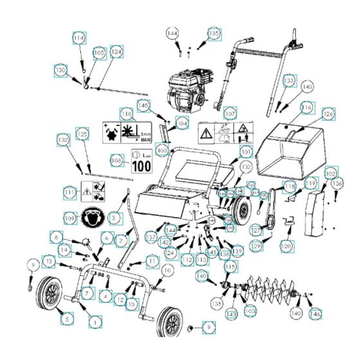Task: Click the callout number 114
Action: coord(78,38)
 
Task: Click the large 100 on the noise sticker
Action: coord(142,165)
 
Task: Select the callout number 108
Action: coord(117,160)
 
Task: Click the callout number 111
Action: coord(71,192)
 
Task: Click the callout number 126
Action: coord(328,114)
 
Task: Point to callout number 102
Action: coord(330,174)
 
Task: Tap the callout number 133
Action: coord(290,81)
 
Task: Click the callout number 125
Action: coord(82,134)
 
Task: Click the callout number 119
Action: coord(310,184)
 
